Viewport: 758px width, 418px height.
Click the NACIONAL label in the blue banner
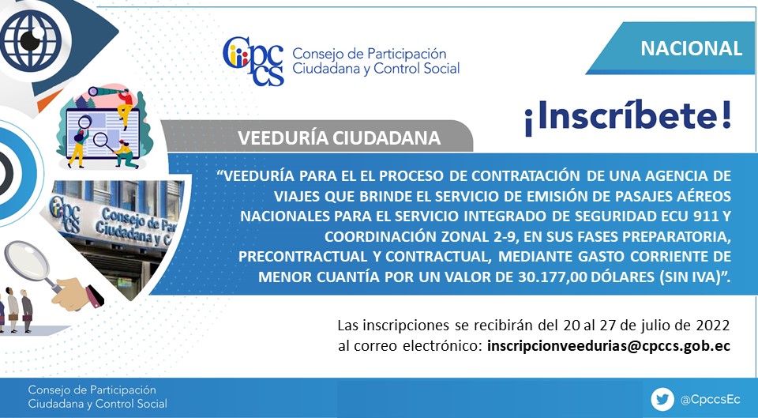coord(691,48)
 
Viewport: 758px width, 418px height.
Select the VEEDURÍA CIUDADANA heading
coord(339,137)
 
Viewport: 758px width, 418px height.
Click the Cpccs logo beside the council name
coord(253,61)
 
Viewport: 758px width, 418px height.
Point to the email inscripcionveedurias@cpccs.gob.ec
coord(609,346)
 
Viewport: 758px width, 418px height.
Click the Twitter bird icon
coord(662,400)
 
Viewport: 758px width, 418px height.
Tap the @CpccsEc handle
coord(710,400)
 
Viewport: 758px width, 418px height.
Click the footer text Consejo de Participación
coord(92,390)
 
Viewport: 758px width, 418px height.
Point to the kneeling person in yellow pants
coord(126,154)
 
